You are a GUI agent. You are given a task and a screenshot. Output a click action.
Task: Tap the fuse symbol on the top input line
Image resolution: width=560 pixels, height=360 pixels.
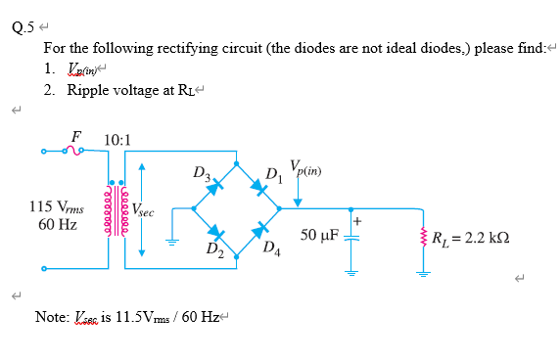(71, 150)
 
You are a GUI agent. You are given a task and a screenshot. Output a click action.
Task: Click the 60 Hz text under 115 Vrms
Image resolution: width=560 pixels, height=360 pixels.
(58, 224)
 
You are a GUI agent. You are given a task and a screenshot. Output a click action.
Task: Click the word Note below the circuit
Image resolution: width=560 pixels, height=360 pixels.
(50, 316)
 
